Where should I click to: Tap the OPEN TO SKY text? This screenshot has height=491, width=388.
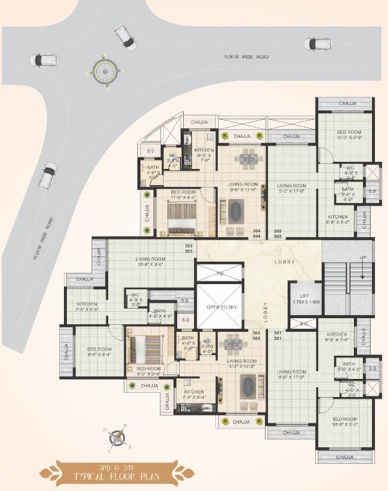pyautogui.click(x=219, y=306)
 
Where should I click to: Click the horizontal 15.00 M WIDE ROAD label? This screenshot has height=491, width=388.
pyautogui.click(x=245, y=58)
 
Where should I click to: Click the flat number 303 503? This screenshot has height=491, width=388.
pyautogui.click(x=189, y=249)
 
